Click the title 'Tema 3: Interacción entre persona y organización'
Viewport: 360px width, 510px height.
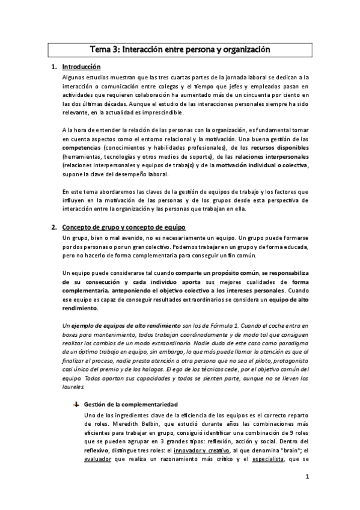tap(180, 51)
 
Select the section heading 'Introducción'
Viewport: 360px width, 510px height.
tap(81, 67)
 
